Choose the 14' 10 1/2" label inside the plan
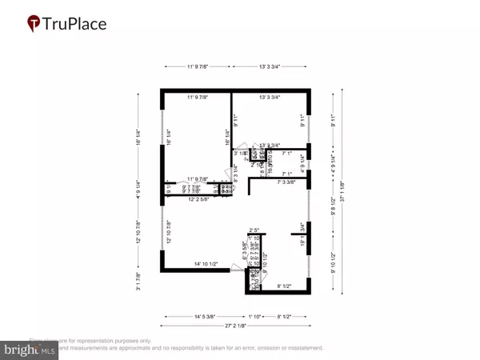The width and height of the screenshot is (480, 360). pyautogui.click(x=203, y=264)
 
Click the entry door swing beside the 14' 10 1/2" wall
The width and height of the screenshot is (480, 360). pyautogui.click(x=237, y=272)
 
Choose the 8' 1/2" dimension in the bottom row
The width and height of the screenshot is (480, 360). pyautogui.click(x=284, y=316)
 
